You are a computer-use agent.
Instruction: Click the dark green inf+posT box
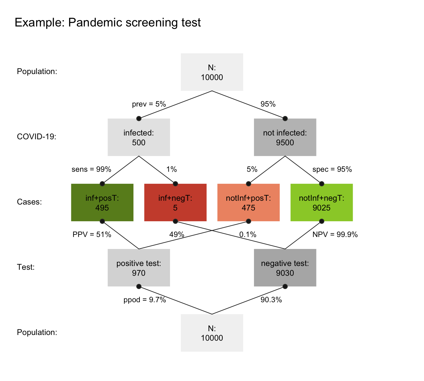click(102, 203)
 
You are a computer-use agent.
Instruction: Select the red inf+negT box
click(175, 203)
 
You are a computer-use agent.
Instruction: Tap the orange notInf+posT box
click(249, 203)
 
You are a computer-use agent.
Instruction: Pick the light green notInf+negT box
click(321, 203)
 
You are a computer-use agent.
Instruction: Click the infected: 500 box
click(139, 137)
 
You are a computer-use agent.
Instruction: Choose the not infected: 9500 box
click(285, 137)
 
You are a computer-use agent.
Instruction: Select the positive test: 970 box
click(139, 268)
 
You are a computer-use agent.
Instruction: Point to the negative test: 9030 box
click(285, 268)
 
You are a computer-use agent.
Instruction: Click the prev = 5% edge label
click(149, 104)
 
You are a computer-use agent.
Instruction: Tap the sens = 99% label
click(91, 170)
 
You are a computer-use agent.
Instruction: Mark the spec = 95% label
click(332, 170)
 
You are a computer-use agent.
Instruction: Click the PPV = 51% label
click(92, 235)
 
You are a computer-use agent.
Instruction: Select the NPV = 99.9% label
click(335, 235)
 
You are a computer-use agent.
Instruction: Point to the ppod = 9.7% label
click(145, 300)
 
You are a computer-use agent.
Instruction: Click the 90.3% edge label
click(271, 300)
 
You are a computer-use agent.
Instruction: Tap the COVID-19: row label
click(37, 137)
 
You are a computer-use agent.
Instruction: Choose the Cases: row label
click(29, 202)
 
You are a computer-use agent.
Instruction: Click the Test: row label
click(26, 267)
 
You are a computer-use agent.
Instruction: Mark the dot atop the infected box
click(139, 118)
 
